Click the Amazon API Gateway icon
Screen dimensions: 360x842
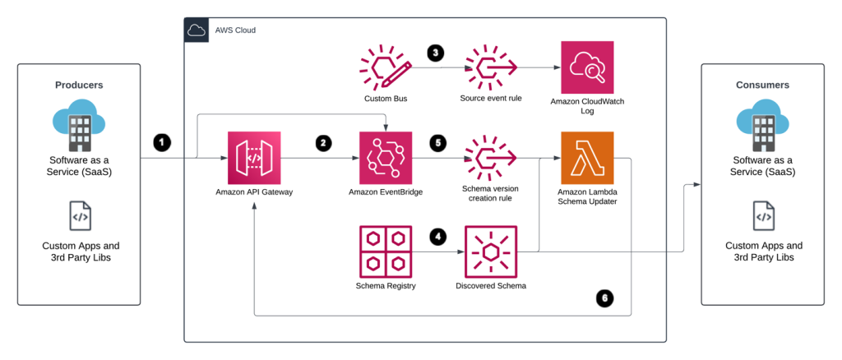point(255,158)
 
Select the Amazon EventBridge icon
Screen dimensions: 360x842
point(386,158)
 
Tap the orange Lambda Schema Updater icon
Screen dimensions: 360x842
point(586,158)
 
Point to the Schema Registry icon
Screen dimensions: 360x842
point(386,251)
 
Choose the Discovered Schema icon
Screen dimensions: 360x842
point(491,251)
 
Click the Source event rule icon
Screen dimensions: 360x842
point(491,68)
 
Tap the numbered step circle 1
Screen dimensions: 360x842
point(162,142)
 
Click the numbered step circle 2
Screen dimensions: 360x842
point(324,142)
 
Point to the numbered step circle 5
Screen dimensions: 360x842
point(438,142)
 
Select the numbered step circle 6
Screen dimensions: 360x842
point(605,298)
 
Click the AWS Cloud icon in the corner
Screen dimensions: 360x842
point(197,30)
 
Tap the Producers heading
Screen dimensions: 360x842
point(79,85)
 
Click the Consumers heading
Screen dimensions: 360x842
point(762,85)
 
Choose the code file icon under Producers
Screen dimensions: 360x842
point(80,215)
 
